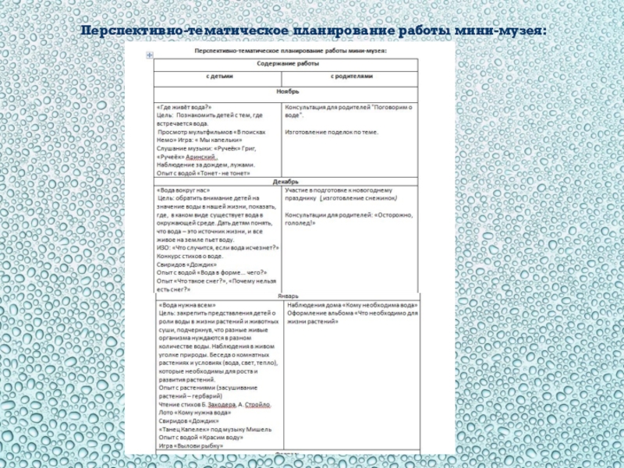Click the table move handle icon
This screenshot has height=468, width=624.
[x=149, y=55]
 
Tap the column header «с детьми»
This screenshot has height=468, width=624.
[x=218, y=77]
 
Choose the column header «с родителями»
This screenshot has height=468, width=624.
[x=352, y=77]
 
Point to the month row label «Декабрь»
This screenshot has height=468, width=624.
[x=285, y=181]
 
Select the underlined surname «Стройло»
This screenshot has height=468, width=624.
[x=257, y=405]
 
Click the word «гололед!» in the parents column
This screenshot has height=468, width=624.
[x=300, y=222]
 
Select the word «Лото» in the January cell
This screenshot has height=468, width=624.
[x=165, y=413]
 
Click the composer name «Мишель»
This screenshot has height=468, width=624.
[x=258, y=429]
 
